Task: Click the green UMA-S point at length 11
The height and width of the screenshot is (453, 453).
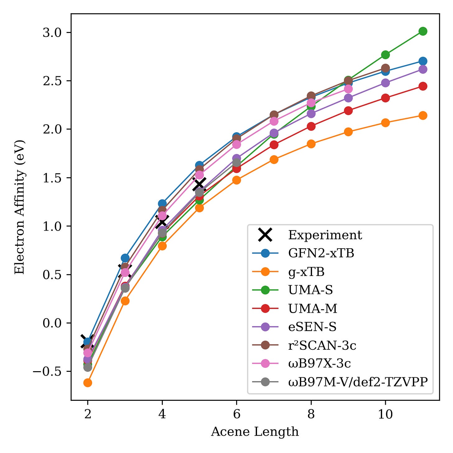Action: (x=423, y=31)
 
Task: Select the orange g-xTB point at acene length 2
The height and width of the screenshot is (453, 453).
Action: (x=88, y=383)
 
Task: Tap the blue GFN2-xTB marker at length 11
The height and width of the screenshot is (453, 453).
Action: (x=423, y=61)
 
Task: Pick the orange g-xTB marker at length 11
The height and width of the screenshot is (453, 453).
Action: (x=423, y=115)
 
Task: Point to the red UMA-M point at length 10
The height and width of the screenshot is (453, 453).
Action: (x=385, y=98)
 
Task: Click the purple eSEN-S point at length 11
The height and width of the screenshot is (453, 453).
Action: (x=423, y=69)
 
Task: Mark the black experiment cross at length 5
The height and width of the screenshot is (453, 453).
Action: (x=199, y=184)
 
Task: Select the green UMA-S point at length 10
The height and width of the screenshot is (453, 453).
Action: (x=385, y=55)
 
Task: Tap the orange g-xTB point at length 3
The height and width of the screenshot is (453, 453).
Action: (x=125, y=301)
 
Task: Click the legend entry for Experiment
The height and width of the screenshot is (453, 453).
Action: (x=325, y=235)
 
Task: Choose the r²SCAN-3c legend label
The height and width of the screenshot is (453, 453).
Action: (x=322, y=345)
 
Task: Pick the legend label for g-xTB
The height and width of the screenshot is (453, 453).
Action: (x=306, y=272)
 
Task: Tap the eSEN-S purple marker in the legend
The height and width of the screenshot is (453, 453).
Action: (x=265, y=327)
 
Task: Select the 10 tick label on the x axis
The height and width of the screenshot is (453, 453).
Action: (x=385, y=414)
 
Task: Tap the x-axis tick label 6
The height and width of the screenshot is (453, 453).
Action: (x=236, y=414)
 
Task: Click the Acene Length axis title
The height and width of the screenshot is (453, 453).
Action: (x=255, y=432)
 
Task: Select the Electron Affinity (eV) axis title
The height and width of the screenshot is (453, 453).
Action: (x=19, y=207)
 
